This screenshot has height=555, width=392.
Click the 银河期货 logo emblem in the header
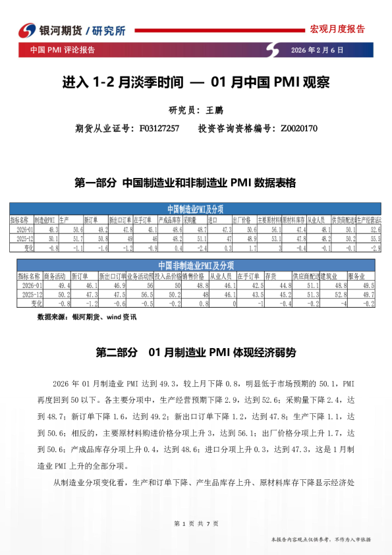coord(26,30)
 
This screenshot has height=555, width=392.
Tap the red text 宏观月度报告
coord(337,29)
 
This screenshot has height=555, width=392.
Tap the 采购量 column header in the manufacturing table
coord(194,219)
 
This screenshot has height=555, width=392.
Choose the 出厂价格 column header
coord(244,219)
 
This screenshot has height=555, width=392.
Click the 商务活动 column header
coord(56,276)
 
